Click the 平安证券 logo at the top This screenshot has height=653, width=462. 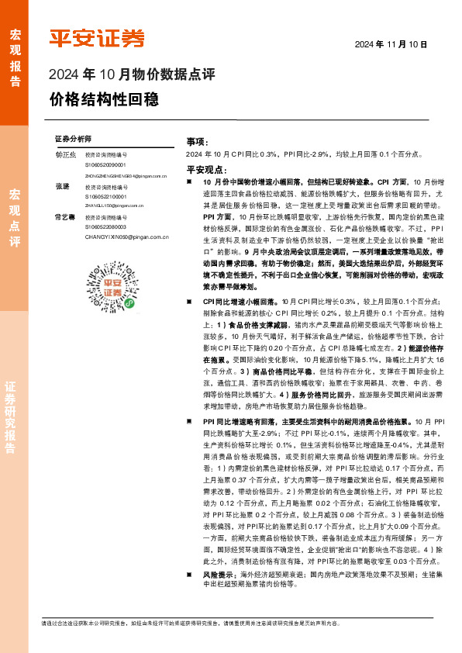(97, 38)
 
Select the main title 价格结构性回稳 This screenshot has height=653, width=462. (104, 99)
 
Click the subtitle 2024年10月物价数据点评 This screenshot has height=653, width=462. (131, 75)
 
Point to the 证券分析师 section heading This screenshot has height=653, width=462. (74, 138)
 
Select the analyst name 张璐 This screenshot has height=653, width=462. (62, 187)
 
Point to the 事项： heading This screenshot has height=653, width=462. (197, 143)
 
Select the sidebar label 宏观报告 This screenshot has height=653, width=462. (14, 58)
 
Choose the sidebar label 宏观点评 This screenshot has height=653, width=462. (14, 217)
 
